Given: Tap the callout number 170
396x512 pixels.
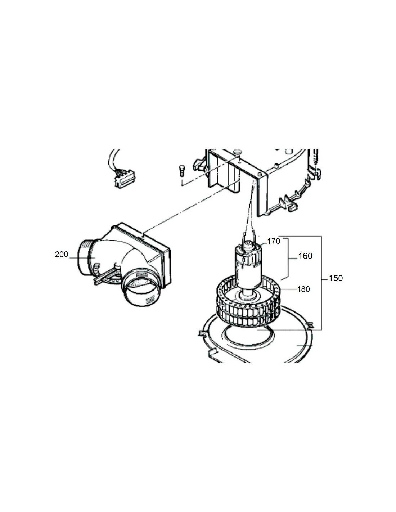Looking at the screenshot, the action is [274, 241].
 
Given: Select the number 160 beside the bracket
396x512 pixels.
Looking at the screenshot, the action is [305, 256].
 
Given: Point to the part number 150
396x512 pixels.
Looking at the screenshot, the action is [336, 278].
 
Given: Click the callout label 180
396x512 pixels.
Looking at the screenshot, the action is [303, 289].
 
